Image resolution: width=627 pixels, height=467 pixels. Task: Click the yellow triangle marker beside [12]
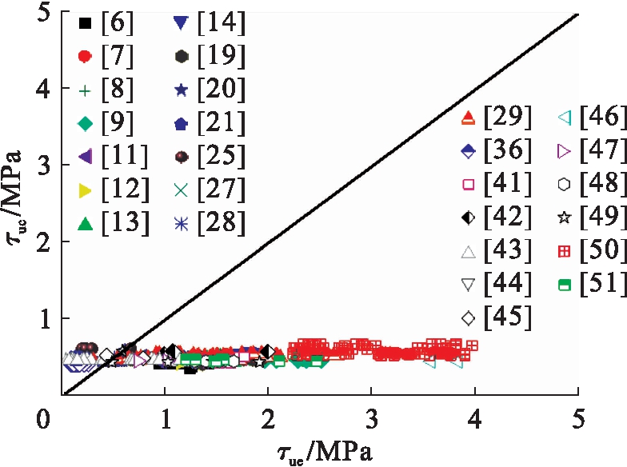[86, 191]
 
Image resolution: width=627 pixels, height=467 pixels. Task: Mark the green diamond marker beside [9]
[86, 124]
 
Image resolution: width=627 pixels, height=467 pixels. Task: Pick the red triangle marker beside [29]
[469, 118]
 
